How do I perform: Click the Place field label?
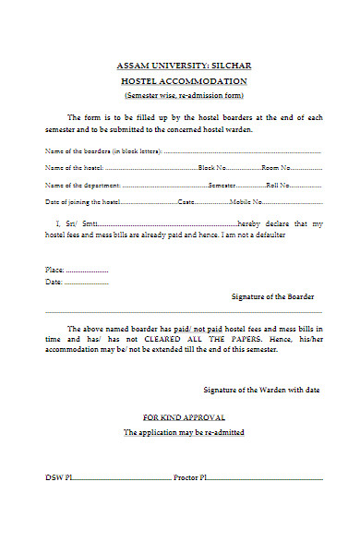tap(54, 270)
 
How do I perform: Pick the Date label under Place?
tap(54, 282)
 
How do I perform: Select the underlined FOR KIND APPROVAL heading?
tap(184, 417)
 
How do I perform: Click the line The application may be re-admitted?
tap(184, 432)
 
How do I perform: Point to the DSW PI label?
tap(58, 477)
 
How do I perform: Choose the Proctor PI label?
tap(190, 477)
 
